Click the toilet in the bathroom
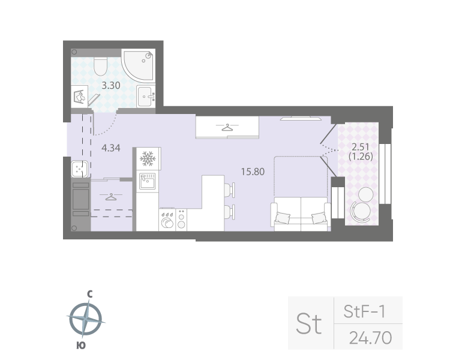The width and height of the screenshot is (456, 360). (100, 65)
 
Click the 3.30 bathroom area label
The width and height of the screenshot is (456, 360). (111, 85)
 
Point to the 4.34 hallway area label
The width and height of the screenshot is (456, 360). (112, 147)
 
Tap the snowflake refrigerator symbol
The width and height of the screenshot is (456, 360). (147, 159)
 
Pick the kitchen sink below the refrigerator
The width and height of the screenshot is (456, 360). (147, 180)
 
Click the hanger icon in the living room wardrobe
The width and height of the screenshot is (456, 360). (227, 127)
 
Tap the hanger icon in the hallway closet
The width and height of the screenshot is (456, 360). (110, 196)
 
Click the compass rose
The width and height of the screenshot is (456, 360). (88, 320)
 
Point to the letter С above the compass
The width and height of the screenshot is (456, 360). (89, 294)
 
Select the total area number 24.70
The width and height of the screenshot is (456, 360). (370, 338)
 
